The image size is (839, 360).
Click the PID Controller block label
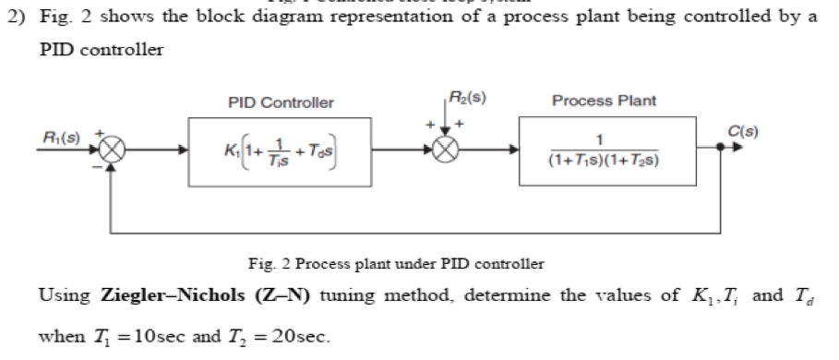pos(281,102)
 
